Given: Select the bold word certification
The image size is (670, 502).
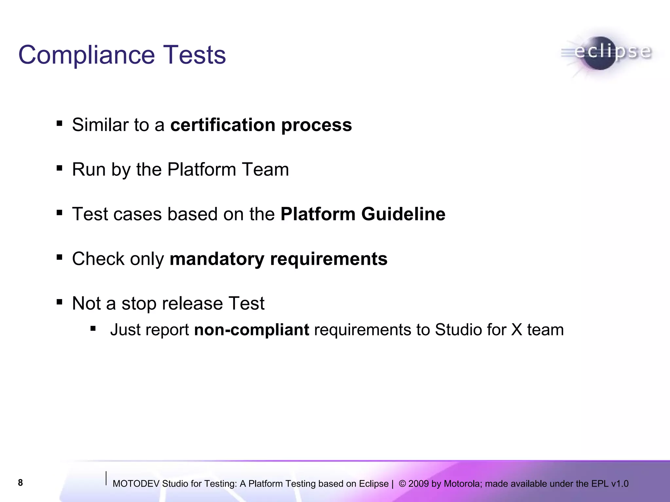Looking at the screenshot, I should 223,125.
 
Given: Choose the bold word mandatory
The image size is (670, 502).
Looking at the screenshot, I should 217,259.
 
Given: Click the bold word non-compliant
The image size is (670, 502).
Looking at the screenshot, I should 251,330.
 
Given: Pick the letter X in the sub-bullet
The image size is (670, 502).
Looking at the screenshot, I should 517,330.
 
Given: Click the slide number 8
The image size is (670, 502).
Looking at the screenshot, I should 20,483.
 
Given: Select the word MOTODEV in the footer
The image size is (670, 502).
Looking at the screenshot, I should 136,484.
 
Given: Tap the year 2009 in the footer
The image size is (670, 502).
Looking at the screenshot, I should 418,484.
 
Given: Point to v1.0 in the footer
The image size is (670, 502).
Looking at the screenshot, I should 620,484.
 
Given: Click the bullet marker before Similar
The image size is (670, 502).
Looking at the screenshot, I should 59,124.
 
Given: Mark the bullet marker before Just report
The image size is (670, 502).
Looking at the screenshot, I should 93,328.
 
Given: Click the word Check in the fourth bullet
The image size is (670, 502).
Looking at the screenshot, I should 98,259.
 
